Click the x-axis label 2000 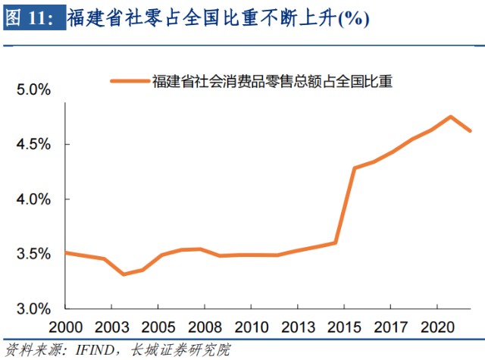[66, 327]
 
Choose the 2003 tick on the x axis [112, 327]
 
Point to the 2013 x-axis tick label [298, 327]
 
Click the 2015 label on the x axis [345, 327]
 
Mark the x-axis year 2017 [391, 327]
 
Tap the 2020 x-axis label [438, 327]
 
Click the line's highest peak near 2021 [451, 117]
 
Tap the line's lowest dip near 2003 [124, 274]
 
